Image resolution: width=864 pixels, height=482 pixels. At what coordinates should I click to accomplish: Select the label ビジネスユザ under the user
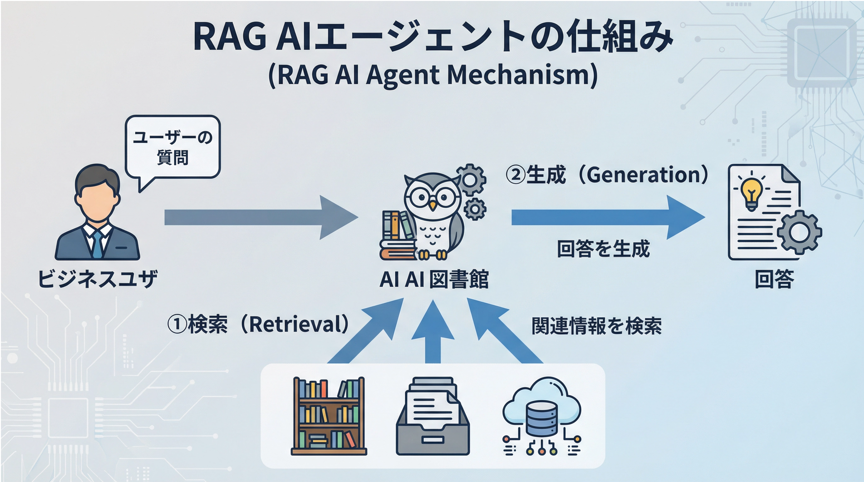[x=98, y=279]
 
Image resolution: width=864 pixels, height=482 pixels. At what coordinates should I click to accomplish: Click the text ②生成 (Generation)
[x=607, y=175]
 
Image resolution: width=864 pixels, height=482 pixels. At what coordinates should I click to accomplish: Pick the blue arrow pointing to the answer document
[x=608, y=217]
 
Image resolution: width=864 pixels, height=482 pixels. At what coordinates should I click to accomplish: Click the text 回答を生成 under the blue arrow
[x=603, y=249]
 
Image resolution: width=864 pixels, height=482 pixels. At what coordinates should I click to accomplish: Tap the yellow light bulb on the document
[x=752, y=194]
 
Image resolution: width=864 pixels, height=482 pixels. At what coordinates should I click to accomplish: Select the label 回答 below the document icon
[x=774, y=279]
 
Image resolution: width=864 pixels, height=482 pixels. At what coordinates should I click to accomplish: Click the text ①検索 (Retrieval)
[x=259, y=324]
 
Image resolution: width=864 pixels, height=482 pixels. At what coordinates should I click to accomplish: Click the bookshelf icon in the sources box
[x=329, y=416]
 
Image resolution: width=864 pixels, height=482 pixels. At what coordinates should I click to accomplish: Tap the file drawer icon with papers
[x=433, y=416]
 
